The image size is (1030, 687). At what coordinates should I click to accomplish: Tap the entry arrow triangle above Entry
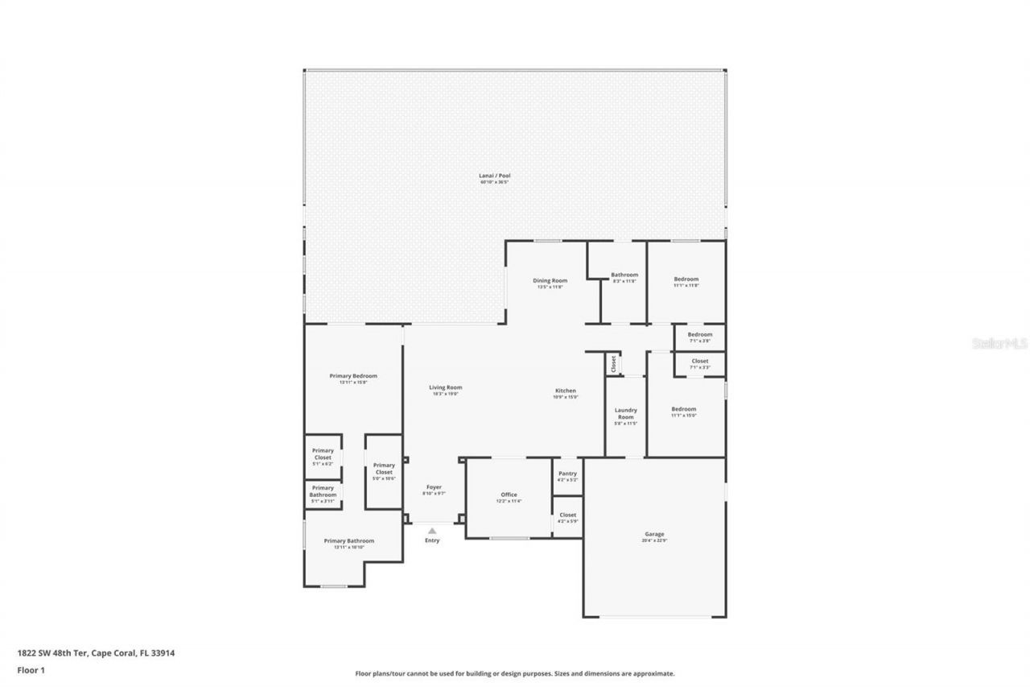coord(432,530)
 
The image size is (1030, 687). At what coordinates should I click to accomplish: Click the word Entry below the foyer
coord(432,540)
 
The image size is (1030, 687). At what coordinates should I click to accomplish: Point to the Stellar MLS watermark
coord(1000,343)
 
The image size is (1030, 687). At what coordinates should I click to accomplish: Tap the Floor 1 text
coord(31,669)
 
